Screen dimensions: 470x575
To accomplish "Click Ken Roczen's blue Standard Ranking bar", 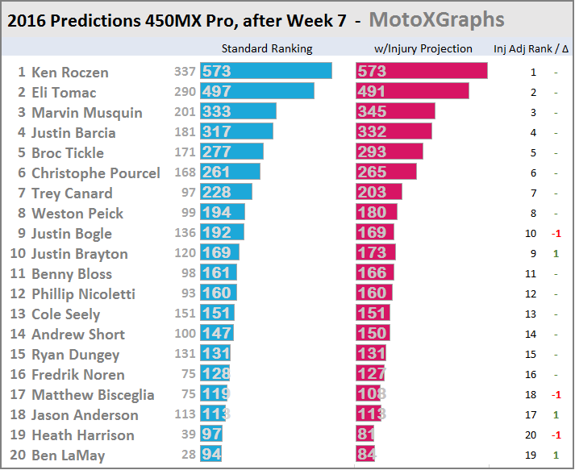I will click(266, 72).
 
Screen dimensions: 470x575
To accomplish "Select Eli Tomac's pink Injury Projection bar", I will click(412, 92).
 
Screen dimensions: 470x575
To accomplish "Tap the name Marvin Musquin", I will click(87, 112).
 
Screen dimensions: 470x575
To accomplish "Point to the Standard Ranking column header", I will click(266, 48).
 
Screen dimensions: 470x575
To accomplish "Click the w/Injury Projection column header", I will click(423, 48).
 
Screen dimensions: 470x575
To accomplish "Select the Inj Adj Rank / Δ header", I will click(530, 48).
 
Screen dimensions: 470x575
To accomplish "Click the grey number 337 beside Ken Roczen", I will click(185, 72).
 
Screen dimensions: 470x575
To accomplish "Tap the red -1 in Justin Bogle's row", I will click(556, 234).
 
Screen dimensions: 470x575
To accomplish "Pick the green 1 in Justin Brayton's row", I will click(556, 254).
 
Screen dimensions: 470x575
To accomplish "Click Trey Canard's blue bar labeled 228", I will click(226, 193).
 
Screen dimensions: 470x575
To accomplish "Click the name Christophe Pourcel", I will click(95, 173).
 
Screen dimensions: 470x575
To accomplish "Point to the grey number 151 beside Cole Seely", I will click(185, 314).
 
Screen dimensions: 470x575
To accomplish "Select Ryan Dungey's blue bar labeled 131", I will click(216, 355).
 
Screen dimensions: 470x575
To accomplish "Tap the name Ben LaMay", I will click(69, 455).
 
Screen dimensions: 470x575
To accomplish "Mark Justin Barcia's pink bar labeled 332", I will click(394, 132).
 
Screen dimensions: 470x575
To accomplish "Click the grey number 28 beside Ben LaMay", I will click(188, 455).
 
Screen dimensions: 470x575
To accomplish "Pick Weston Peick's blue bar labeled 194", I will click(223, 213).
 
